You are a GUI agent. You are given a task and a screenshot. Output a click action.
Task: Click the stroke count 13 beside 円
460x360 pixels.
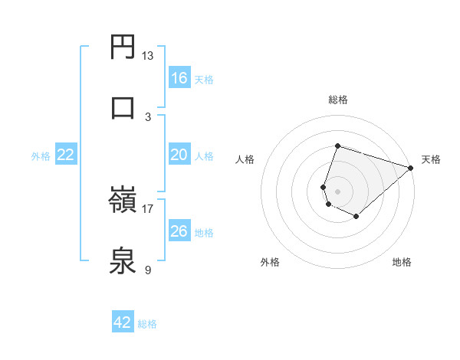point(148,56)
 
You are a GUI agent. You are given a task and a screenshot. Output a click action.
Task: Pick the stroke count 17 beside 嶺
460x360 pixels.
point(148,208)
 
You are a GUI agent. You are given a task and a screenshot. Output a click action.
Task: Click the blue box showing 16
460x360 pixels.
point(179,78)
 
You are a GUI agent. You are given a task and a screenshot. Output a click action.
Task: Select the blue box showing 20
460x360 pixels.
point(179,155)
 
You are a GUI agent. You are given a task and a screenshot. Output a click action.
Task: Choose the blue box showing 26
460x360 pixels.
point(179,231)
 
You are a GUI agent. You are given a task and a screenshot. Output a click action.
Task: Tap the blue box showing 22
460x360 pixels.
point(65,155)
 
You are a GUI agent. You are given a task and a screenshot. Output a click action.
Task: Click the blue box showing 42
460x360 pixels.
point(122,322)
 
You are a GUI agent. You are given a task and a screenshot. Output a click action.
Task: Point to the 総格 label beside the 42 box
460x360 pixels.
point(147,324)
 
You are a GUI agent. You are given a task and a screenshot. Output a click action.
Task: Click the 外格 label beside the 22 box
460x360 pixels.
point(41,156)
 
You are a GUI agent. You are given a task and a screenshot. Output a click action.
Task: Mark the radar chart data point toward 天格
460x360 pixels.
point(411,168)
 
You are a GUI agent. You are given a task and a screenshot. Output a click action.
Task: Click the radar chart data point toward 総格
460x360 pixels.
point(337,146)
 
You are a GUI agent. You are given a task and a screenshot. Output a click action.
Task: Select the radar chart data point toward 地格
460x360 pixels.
point(356,217)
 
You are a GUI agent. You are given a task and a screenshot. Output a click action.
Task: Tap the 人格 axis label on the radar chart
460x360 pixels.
point(245,159)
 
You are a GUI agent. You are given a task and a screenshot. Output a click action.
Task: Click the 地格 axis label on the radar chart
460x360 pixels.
point(402,263)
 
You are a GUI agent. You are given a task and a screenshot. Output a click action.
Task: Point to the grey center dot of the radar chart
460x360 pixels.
point(337,191)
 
